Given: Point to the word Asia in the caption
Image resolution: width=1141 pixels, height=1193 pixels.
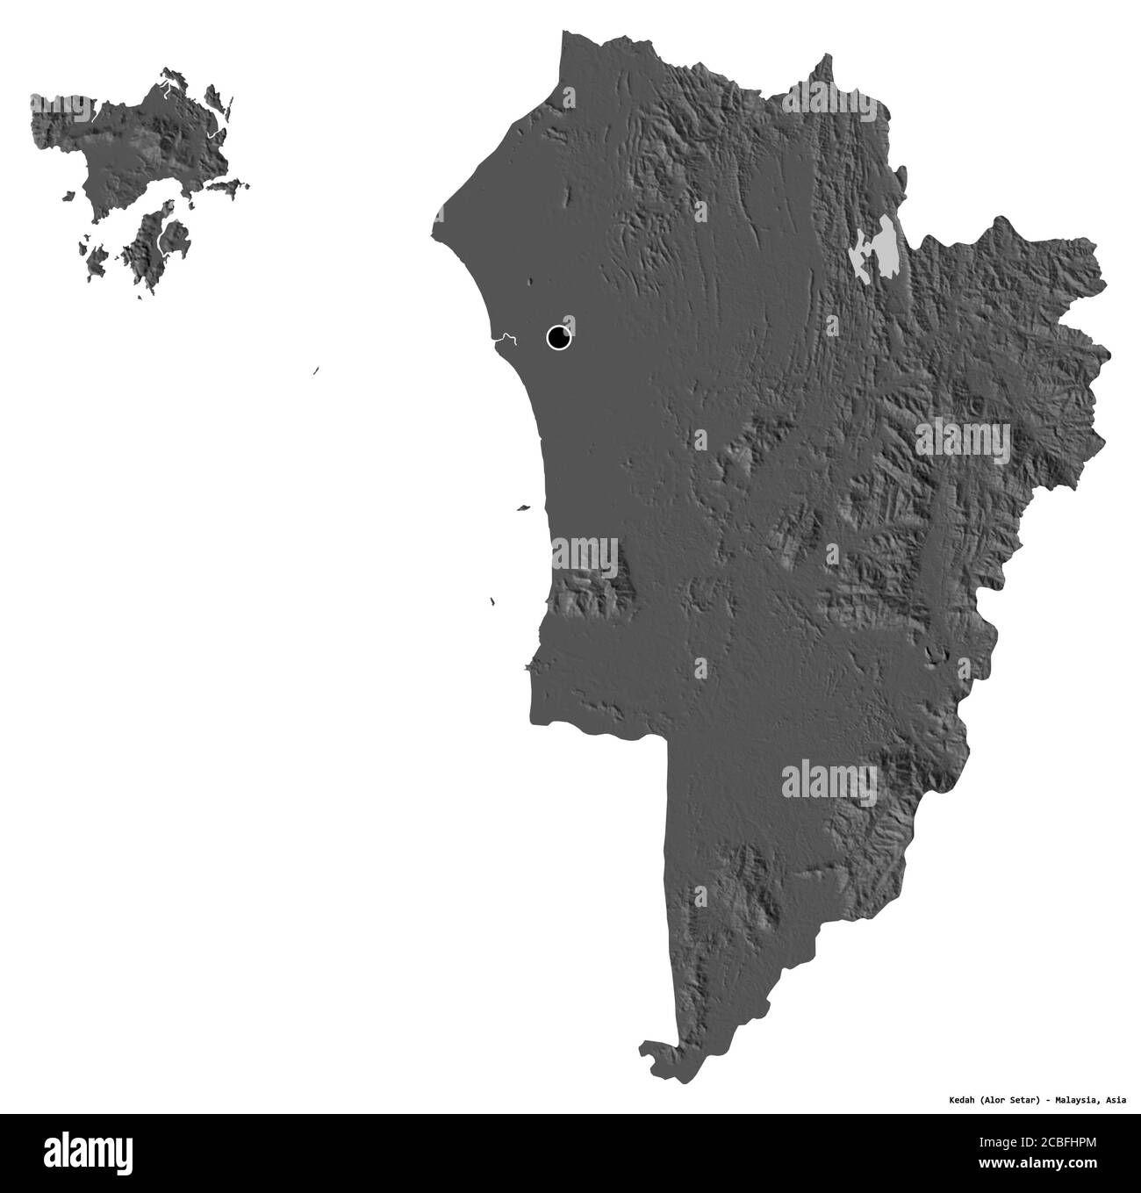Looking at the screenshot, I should (x=1116, y=1098).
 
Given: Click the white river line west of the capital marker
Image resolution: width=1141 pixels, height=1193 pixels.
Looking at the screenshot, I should (x=505, y=338).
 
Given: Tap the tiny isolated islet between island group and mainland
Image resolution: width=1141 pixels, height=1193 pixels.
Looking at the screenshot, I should (x=314, y=372).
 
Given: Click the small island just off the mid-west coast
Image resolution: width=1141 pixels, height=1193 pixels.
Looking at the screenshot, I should (x=523, y=507).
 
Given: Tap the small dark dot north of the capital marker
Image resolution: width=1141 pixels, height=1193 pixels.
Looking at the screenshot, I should (x=529, y=283).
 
